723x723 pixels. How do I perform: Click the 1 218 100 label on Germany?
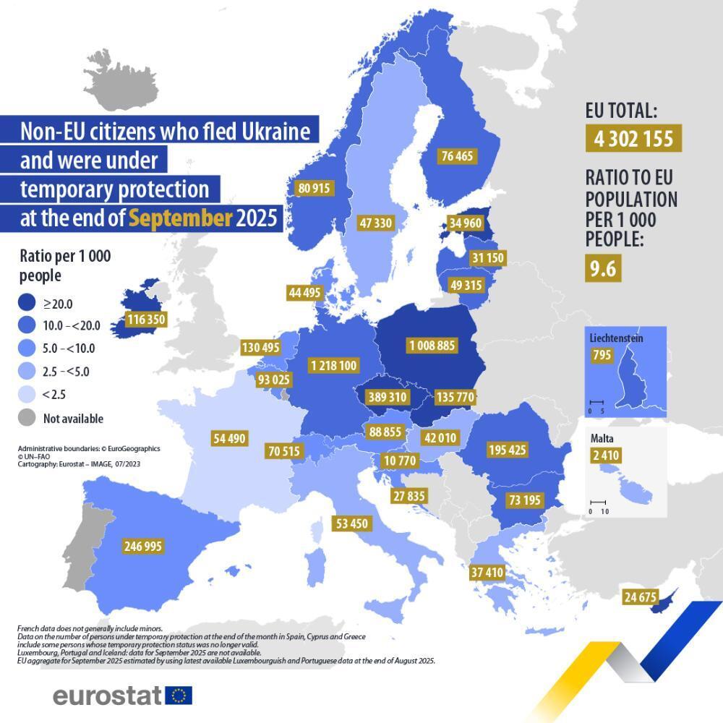pyautogui.click(x=333, y=366)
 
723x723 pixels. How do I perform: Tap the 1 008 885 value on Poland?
pyautogui.click(x=432, y=346)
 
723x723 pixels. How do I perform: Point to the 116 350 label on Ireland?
pyautogui.click(x=145, y=319)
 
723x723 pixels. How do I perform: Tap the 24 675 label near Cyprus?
pyautogui.click(x=639, y=596)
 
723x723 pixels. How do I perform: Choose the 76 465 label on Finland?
pyautogui.click(x=457, y=156)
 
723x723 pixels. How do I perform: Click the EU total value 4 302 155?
pyautogui.click(x=633, y=139)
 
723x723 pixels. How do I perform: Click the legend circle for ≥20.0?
pyautogui.click(x=27, y=304)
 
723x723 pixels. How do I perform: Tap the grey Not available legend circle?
pyautogui.click(x=27, y=418)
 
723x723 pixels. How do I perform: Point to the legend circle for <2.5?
pyautogui.click(x=27, y=395)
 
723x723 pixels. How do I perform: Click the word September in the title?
pyautogui.click(x=181, y=218)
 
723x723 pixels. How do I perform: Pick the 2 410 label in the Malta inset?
pyautogui.click(x=605, y=455)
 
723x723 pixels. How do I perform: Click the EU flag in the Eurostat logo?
pyautogui.click(x=179, y=696)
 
